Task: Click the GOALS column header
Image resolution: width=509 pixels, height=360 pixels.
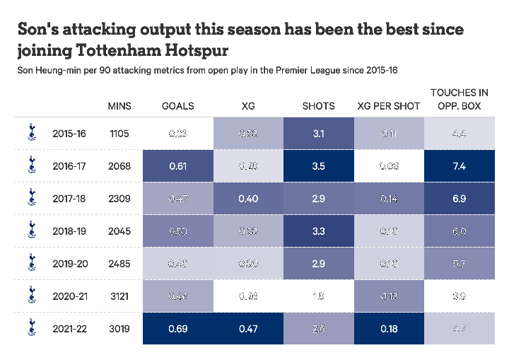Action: [x=177, y=106]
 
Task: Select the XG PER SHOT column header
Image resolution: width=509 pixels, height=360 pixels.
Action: [x=389, y=106]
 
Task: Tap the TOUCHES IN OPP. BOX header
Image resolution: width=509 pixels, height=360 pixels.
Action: [x=459, y=99]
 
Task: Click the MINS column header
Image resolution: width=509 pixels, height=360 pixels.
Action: [x=119, y=106]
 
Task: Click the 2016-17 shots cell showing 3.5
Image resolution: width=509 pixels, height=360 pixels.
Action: [x=318, y=166]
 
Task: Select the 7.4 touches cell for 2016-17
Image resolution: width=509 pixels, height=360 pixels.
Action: [x=459, y=166]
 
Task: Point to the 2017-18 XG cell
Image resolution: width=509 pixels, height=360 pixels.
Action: [x=247, y=199]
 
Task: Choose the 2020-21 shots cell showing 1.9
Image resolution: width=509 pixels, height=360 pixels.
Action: [x=318, y=296]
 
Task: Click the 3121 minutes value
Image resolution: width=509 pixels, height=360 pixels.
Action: [x=119, y=296]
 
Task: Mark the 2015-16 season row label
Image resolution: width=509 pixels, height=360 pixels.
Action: [x=69, y=134]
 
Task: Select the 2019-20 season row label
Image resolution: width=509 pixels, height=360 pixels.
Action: [x=69, y=263]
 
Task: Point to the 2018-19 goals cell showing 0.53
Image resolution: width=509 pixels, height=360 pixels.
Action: [x=177, y=231]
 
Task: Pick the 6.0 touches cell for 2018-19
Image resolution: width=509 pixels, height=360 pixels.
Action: [x=459, y=231]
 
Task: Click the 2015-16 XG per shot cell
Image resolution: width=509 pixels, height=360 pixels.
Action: [x=389, y=134]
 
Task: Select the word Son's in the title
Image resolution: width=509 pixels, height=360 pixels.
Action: [x=42, y=29]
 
